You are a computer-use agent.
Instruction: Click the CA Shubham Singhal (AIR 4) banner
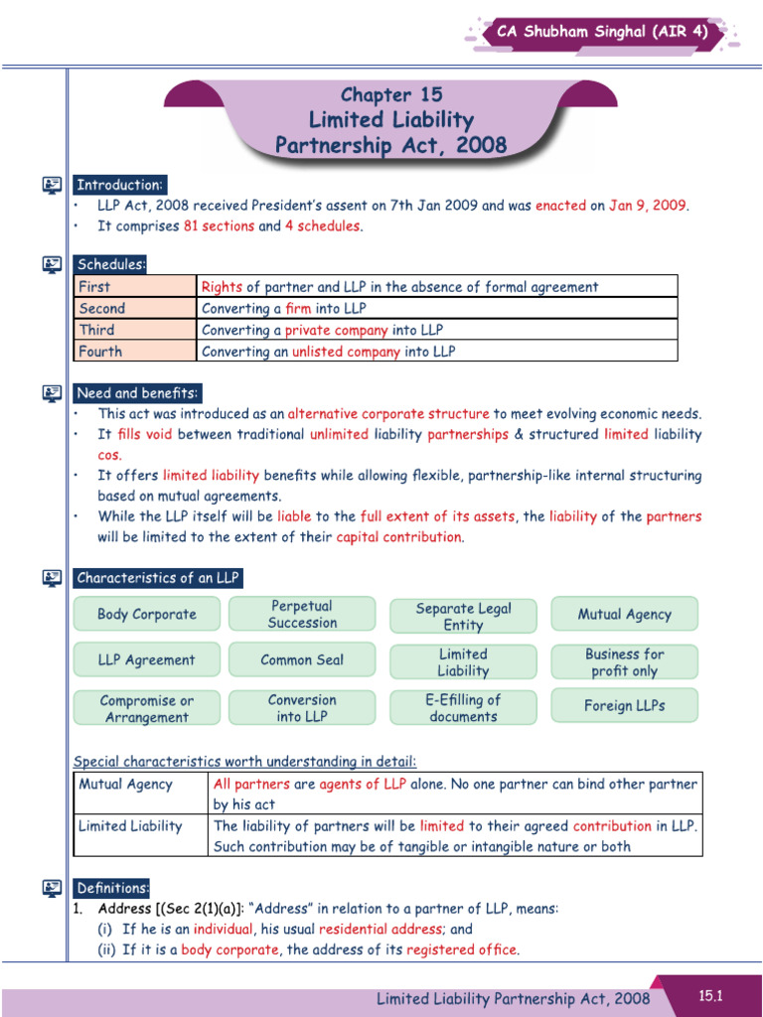pyautogui.click(x=602, y=32)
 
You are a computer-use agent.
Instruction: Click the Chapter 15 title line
pyautogui.click(x=390, y=95)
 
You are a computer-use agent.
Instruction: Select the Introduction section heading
pyautogui.click(x=119, y=185)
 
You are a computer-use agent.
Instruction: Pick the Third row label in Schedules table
pyautogui.click(x=97, y=330)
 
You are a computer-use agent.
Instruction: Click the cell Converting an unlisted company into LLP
pyautogui.click(x=329, y=352)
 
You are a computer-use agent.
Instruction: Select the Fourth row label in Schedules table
pyautogui.click(x=100, y=352)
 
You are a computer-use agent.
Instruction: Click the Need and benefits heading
pyautogui.click(x=137, y=393)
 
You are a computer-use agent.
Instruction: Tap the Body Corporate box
pyautogui.click(x=147, y=614)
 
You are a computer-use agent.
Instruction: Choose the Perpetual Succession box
pyautogui.click(x=302, y=614)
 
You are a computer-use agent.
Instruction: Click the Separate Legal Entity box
pyautogui.click(x=463, y=616)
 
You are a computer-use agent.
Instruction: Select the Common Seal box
pyautogui.click(x=302, y=659)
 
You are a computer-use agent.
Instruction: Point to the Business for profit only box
pyautogui.click(x=624, y=662)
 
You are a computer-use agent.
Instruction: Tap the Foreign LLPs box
pyautogui.click(x=624, y=706)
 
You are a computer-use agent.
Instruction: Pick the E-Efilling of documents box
pyautogui.click(x=463, y=707)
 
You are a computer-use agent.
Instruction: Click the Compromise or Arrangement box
pyautogui.click(x=147, y=708)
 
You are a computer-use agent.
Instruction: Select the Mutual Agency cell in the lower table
pyautogui.click(x=125, y=785)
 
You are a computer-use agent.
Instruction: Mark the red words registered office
pyautogui.click(x=462, y=949)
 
